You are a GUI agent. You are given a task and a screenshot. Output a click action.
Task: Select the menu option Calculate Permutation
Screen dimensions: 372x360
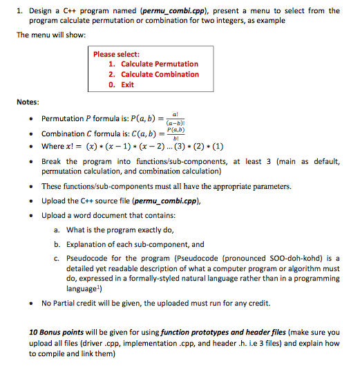160,64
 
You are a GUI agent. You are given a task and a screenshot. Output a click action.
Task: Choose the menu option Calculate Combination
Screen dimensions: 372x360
160,74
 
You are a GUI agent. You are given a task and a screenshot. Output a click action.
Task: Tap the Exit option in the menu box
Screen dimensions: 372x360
127,84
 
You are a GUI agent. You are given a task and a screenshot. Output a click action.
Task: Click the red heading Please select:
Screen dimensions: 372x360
117,54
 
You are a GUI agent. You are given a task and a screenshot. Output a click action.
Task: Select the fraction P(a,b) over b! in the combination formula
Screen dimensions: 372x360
176,133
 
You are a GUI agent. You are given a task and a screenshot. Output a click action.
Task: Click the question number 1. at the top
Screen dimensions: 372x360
21,10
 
